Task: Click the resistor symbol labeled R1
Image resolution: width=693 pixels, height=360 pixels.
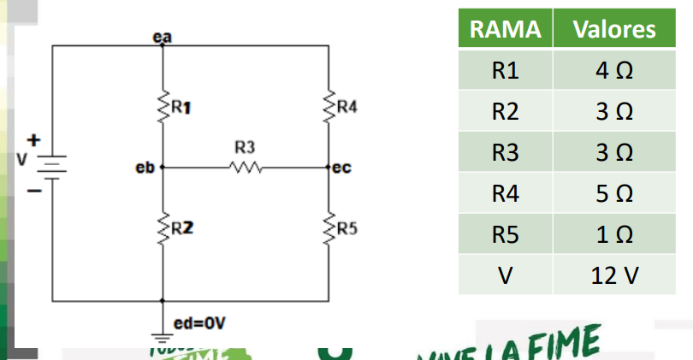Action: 162,108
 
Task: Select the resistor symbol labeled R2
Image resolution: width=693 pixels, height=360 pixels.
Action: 162,227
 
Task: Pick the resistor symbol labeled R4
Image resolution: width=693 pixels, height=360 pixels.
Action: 329,108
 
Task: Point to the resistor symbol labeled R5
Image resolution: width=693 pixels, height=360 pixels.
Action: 329,227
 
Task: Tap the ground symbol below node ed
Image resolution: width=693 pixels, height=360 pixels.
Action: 162,337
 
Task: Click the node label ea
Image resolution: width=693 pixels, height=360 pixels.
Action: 160,38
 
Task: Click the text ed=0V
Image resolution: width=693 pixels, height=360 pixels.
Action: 199,324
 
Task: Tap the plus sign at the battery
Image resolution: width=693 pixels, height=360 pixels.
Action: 34,138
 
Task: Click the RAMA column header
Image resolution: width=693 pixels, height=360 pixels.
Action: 506,29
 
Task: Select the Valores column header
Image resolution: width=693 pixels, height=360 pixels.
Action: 614,29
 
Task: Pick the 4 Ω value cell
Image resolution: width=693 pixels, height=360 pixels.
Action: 614,70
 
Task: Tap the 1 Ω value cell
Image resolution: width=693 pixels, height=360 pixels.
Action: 614,234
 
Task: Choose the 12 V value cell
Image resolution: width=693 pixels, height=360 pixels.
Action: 614,275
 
